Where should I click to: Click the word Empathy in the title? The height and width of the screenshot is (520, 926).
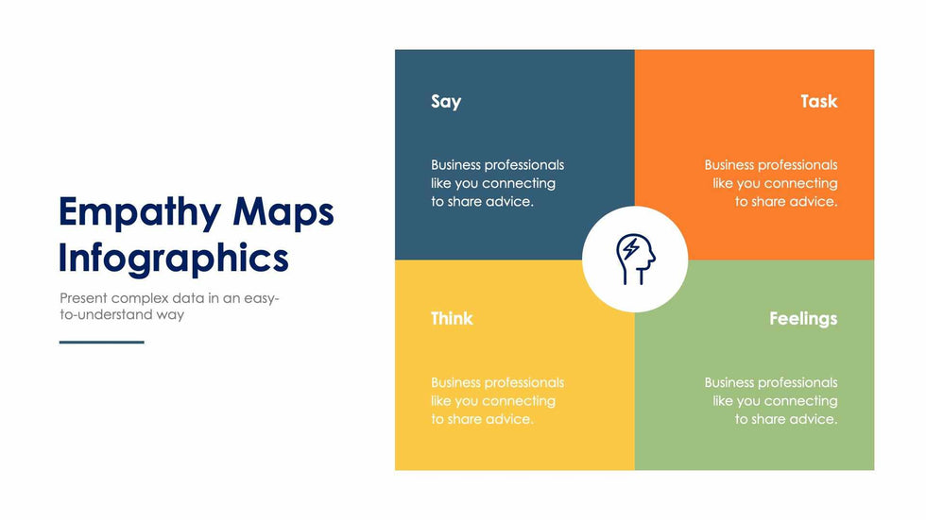(140, 213)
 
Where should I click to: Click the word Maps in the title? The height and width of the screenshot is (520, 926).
(283, 213)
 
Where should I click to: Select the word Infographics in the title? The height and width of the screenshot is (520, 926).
(174, 259)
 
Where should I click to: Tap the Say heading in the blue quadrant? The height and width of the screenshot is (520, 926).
(446, 102)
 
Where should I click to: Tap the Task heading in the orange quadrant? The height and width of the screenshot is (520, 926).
(819, 101)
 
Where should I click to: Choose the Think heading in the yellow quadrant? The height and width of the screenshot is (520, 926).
(452, 318)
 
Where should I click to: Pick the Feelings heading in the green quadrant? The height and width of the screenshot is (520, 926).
(803, 319)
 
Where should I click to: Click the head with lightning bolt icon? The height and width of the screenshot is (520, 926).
(635, 260)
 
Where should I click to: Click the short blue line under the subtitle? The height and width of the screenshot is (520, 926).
(102, 342)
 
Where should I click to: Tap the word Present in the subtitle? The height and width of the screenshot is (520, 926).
(83, 297)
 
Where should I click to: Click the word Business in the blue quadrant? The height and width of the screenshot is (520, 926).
(455, 165)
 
